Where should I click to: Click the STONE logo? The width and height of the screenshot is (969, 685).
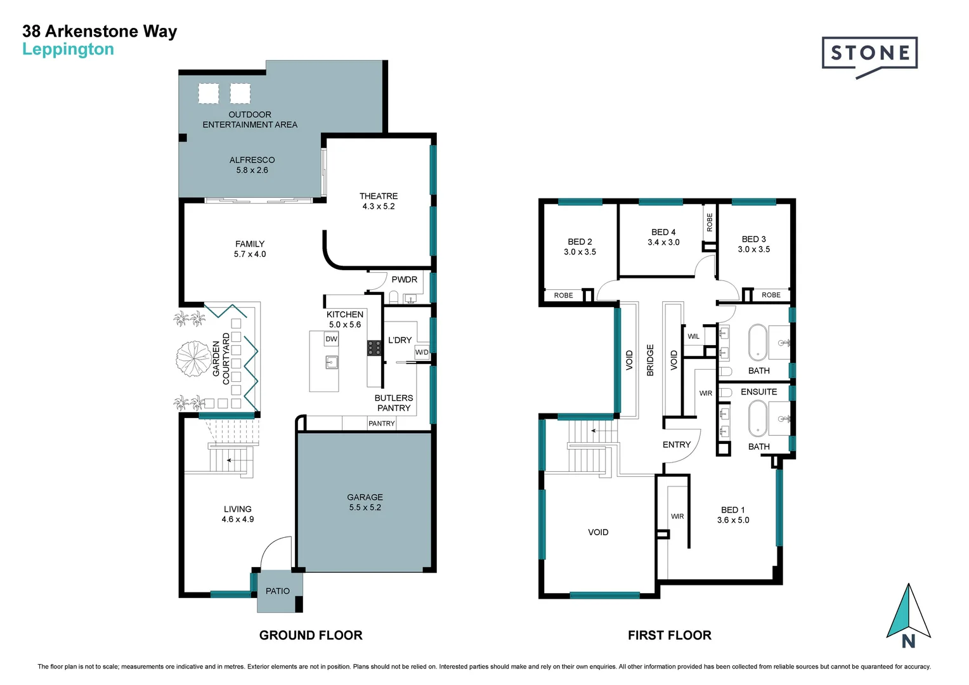[x=869, y=53]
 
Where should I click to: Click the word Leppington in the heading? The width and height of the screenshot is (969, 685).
[x=68, y=49]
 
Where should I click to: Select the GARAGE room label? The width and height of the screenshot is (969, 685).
[x=365, y=497]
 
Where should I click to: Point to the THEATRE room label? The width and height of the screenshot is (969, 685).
[x=379, y=196]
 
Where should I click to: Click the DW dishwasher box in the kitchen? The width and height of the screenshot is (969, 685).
[x=331, y=339]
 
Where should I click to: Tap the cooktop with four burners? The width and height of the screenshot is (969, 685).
[x=374, y=348]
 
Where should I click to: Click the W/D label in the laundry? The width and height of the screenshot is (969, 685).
[x=422, y=352]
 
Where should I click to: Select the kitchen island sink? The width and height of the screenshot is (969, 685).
[x=331, y=362]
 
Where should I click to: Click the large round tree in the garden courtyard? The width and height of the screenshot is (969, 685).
[x=193, y=358]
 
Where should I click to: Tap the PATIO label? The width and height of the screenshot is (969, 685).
[x=278, y=591]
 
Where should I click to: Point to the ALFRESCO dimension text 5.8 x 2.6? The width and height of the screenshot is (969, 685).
[x=252, y=170]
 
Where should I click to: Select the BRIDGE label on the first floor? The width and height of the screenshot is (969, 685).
[x=650, y=360]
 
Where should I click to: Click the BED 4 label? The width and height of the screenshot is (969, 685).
[x=663, y=232]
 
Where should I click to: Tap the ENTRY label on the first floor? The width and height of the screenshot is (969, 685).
[x=676, y=445]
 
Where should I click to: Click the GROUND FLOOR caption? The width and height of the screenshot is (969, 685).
[x=311, y=635]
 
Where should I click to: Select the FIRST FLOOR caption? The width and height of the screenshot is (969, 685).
[x=669, y=635]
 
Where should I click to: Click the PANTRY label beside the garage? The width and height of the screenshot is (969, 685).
[x=382, y=424]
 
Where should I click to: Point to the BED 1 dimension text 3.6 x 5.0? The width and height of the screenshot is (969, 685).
[x=733, y=520]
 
